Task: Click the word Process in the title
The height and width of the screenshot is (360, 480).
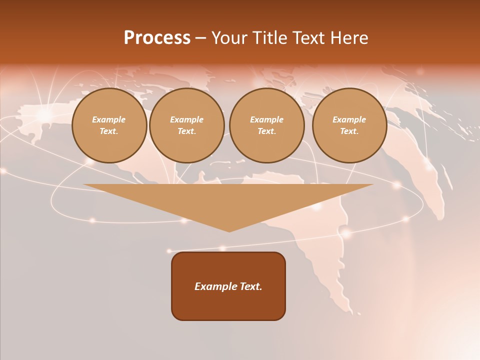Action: [157, 38]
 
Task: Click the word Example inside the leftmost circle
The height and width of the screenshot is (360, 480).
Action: [109, 119]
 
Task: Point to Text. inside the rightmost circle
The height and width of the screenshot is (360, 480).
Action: [349, 131]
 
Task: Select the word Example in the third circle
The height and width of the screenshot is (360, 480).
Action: [266, 119]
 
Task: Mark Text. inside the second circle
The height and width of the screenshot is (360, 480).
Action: [186, 131]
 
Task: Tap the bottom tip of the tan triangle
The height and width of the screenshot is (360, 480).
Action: [229, 230]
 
